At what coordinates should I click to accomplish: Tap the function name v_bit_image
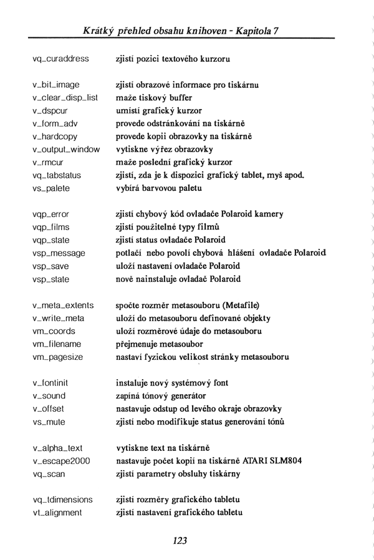point(56,84)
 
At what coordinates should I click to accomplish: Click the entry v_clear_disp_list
point(65,97)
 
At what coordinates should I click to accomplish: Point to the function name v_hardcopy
point(57,136)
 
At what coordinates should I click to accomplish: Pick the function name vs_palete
point(51,188)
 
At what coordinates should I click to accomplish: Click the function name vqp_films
point(51,227)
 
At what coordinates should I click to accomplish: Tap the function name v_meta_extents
point(63,305)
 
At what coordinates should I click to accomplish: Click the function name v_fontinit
point(54,383)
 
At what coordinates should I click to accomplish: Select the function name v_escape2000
point(61,461)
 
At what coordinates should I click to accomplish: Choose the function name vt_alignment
point(57,513)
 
